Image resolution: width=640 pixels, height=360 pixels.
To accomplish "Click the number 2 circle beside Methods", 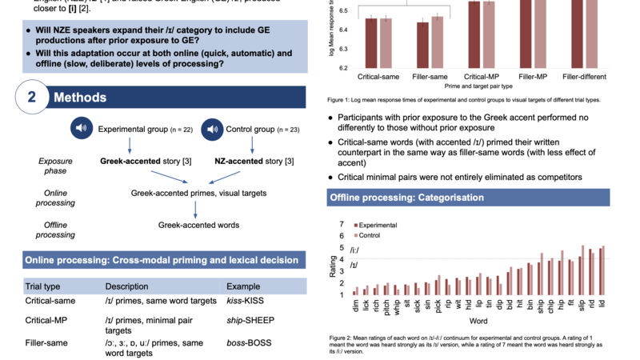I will pyautogui.click(x=32, y=98).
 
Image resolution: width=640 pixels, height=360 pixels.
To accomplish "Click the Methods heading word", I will pyautogui.click(x=79, y=98).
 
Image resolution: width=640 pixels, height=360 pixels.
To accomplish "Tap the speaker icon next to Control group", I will pyautogui.click(x=212, y=128).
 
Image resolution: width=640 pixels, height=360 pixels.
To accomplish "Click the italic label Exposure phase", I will pyautogui.click(x=55, y=166).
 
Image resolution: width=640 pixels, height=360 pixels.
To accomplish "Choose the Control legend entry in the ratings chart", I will pyautogui.click(x=369, y=235).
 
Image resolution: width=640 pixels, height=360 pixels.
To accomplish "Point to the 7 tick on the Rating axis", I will pyautogui.click(x=342, y=224).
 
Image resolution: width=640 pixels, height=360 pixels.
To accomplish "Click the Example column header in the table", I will pyautogui.click(x=243, y=286).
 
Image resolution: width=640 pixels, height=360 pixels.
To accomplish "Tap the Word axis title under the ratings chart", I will pyautogui.click(x=478, y=320).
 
